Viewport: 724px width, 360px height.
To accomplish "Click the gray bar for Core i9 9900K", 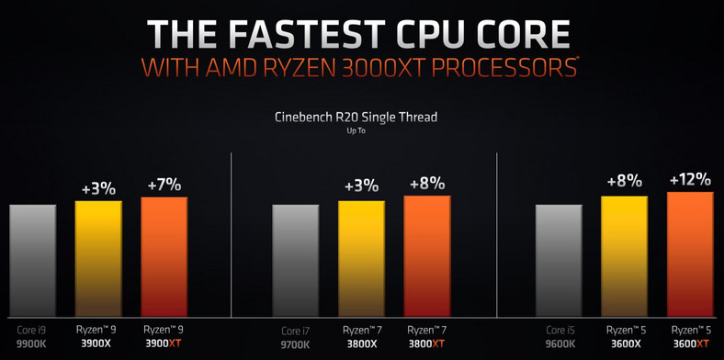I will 33,259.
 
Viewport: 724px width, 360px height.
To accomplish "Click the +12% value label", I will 691,178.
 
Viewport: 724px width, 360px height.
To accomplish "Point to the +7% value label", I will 164,185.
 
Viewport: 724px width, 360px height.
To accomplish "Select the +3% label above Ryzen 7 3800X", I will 361,186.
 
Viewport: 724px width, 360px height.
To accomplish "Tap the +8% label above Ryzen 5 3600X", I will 625,180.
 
